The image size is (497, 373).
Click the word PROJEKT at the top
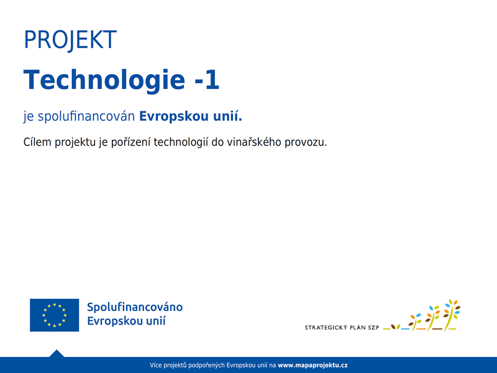(70, 40)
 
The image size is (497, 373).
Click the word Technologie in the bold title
(104, 81)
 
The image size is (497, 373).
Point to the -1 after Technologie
(206, 80)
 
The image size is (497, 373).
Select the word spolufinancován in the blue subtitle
(86, 116)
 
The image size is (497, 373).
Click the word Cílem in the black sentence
(37, 142)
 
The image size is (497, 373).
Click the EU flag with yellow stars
(55, 315)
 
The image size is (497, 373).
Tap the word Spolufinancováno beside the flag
(135, 307)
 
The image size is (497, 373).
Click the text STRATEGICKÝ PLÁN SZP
(342, 328)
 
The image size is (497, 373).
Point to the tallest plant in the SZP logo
(451, 315)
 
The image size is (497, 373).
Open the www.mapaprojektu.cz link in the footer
(312, 366)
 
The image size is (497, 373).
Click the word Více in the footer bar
(156, 365)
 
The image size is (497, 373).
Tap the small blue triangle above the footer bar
(57, 353)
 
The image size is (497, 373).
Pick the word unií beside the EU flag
(155, 321)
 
